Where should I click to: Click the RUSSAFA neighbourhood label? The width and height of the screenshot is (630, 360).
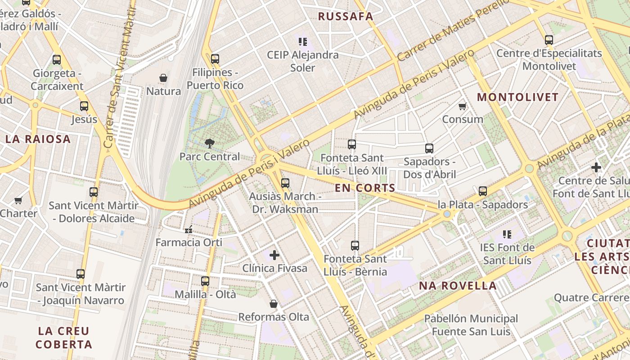pos(346,17)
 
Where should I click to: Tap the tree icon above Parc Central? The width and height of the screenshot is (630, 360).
pos(209,144)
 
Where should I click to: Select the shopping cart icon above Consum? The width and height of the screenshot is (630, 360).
pos(462,107)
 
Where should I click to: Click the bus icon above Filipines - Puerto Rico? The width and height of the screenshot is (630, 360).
pos(215,59)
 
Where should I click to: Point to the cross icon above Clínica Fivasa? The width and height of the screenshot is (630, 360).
pos(274,255)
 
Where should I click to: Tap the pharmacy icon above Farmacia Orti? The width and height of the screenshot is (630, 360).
pos(189,229)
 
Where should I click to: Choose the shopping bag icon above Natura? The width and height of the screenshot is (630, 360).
pos(163,78)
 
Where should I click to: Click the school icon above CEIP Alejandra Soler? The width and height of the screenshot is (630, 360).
pos(303,42)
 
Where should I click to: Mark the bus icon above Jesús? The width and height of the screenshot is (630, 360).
pos(84,106)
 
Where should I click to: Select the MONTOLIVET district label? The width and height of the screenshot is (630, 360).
pos(517,97)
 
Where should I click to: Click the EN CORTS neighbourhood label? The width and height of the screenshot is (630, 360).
pos(365,188)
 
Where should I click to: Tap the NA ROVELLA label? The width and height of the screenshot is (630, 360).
pos(458,286)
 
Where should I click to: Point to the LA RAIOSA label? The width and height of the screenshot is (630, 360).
pos(38,139)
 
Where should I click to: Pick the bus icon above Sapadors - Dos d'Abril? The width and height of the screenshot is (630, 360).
pos(429,148)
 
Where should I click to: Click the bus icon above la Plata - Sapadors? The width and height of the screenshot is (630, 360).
pos(483,191)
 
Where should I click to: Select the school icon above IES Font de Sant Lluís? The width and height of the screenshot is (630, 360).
pos(507,234)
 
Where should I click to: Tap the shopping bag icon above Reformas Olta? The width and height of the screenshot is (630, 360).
pos(273,304)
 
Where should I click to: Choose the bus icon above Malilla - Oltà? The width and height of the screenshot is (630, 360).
pos(205,281)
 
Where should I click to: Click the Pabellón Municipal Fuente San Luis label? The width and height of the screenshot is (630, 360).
pos(471,325)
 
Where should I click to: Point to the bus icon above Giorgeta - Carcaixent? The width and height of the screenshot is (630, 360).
pos(57,60)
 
